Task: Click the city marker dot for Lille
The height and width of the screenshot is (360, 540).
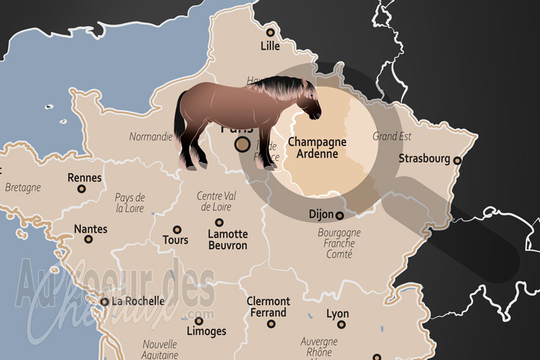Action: pos(270,32)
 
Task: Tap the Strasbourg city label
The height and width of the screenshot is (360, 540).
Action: pos(424,159)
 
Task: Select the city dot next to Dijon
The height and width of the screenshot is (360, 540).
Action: pos(340,215)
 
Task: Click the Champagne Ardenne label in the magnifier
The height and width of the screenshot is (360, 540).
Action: pos(317,148)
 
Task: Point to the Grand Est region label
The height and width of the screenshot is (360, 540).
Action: pos(391,136)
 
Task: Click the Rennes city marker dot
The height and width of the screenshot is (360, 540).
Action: pos(84,191)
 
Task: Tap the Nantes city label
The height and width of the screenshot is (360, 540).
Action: pos(90,229)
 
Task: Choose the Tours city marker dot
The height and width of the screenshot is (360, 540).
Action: pos(178,230)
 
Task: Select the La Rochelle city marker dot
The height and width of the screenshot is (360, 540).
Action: pos(104,302)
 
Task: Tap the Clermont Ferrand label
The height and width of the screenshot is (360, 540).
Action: pos(268,307)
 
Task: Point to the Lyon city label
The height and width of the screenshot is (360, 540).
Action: pos(337,314)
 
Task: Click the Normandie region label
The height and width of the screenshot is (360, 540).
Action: pos(151,136)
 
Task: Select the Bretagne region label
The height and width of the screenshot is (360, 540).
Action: pos(23,187)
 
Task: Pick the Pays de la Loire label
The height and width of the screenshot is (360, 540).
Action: pos(130,203)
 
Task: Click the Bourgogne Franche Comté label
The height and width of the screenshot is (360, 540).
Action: pos(339,243)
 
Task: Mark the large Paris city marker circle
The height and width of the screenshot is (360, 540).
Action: pos(242,144)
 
